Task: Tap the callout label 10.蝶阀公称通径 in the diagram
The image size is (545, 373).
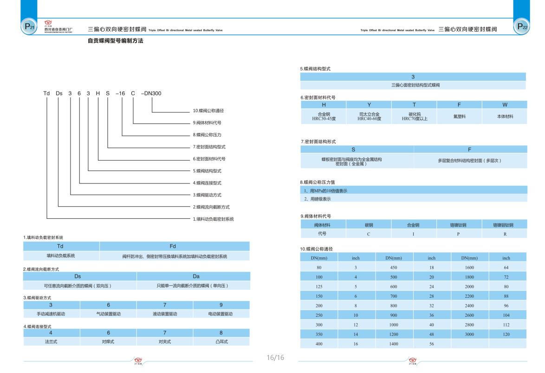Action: (x=208, y=111)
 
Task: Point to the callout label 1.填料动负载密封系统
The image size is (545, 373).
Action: (x=213, y=219)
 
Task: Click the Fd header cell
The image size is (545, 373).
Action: (x=175, y=246)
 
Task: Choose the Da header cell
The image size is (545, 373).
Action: (x=193, y=276)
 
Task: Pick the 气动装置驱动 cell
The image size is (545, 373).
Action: (x=108, y=314)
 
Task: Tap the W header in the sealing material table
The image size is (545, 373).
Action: (x=505, y=105)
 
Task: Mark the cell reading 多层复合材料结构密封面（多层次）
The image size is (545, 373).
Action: (x=470, y=161)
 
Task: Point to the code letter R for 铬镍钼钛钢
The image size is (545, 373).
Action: (x=504, y=234)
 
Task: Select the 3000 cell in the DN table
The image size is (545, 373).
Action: (x=469, y=334)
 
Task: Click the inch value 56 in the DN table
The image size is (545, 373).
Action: (x=431, y=344)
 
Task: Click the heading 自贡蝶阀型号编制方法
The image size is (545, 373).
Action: (x=116, y=41)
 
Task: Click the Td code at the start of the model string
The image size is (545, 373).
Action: (x=46, y=93)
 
